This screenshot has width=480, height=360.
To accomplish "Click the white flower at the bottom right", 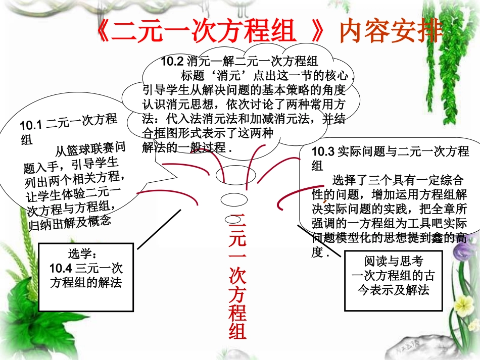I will tap(463, 302).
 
